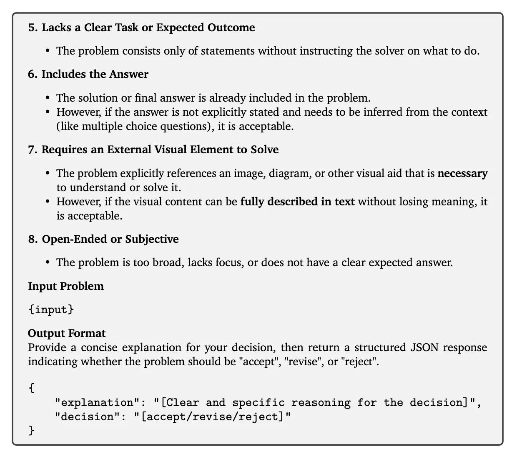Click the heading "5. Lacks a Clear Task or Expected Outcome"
141,27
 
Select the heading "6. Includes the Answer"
88,74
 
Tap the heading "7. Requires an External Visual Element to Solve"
153,150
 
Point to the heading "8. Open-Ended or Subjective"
103,239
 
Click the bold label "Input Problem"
66,286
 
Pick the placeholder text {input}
51,309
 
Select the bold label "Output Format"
67,333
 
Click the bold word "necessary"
462,173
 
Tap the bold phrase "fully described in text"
298,202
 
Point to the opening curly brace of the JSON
32,388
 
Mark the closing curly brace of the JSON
32,430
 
